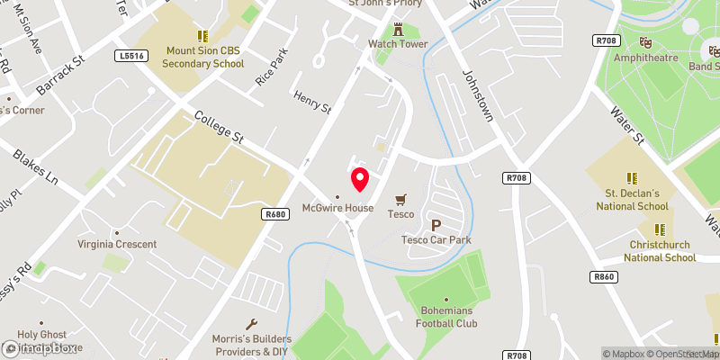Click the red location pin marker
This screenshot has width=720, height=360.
click(360, 179)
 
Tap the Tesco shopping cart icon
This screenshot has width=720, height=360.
click(400, 199)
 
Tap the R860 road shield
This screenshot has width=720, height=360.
click(605, 276)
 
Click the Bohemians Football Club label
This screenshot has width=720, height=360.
click(446, 318)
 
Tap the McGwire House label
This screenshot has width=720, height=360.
click(338, 208)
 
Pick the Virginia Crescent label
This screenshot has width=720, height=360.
click(118, 244)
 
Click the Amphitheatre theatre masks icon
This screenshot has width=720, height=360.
click(645, 41)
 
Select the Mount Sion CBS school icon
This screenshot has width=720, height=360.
click(202, 37)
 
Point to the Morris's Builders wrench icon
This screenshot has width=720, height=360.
click(252, 324)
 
